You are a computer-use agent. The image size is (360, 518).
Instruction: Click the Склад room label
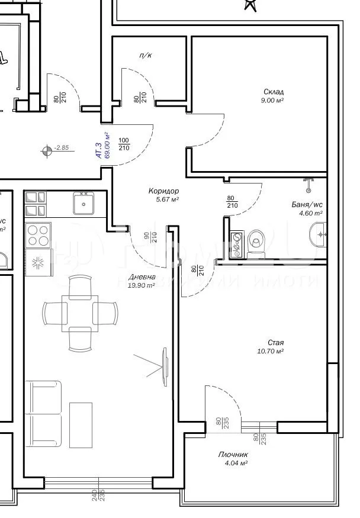coord(274,92)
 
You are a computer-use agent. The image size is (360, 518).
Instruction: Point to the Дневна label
coord(142,277)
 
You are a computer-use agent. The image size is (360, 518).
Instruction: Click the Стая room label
coord(275,343)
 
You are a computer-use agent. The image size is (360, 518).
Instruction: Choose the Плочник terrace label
coord(233,455)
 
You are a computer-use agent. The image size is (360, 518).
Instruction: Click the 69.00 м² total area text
coord(108,146)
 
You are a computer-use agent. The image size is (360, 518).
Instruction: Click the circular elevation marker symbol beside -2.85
coord(46,150)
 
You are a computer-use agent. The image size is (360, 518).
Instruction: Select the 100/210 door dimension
coord(124,144)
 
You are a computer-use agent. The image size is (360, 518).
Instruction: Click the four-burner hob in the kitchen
coord(38,235)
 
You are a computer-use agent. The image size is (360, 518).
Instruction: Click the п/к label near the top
coord(144,55)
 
